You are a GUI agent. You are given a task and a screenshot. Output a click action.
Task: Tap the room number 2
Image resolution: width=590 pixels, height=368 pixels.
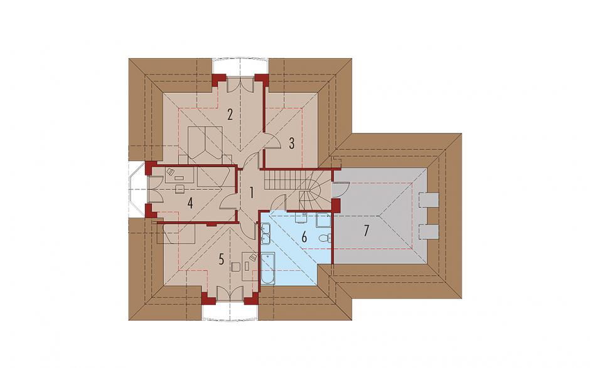point(230,114)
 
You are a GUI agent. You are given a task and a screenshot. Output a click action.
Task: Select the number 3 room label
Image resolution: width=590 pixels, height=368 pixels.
point(292,143)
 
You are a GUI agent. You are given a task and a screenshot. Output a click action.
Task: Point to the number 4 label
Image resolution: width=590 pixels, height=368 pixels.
point(190,203)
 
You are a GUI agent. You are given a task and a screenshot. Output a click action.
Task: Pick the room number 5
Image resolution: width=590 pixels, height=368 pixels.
point(221,259)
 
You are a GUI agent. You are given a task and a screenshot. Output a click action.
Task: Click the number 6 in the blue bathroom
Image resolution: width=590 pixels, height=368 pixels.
point(304,237)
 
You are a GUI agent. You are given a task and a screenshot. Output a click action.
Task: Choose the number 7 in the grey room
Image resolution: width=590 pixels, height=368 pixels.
point(365,231)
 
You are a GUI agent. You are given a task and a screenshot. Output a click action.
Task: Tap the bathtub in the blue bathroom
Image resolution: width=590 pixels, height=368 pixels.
point(267,268)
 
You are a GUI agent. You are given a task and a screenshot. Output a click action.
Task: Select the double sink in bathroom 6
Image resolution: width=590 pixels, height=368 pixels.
point(265,233)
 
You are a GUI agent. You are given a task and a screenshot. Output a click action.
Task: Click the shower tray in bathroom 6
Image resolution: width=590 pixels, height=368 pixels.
point(323,221)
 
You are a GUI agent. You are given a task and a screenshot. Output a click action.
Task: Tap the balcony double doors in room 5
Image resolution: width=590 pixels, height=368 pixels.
point(230,294)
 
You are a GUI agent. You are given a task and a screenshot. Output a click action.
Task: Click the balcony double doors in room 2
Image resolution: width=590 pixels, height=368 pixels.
point(241,84)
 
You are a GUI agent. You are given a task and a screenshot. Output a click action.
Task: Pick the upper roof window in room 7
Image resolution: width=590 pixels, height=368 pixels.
point(429,200)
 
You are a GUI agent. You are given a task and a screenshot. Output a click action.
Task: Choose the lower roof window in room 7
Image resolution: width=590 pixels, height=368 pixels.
point(429,231)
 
